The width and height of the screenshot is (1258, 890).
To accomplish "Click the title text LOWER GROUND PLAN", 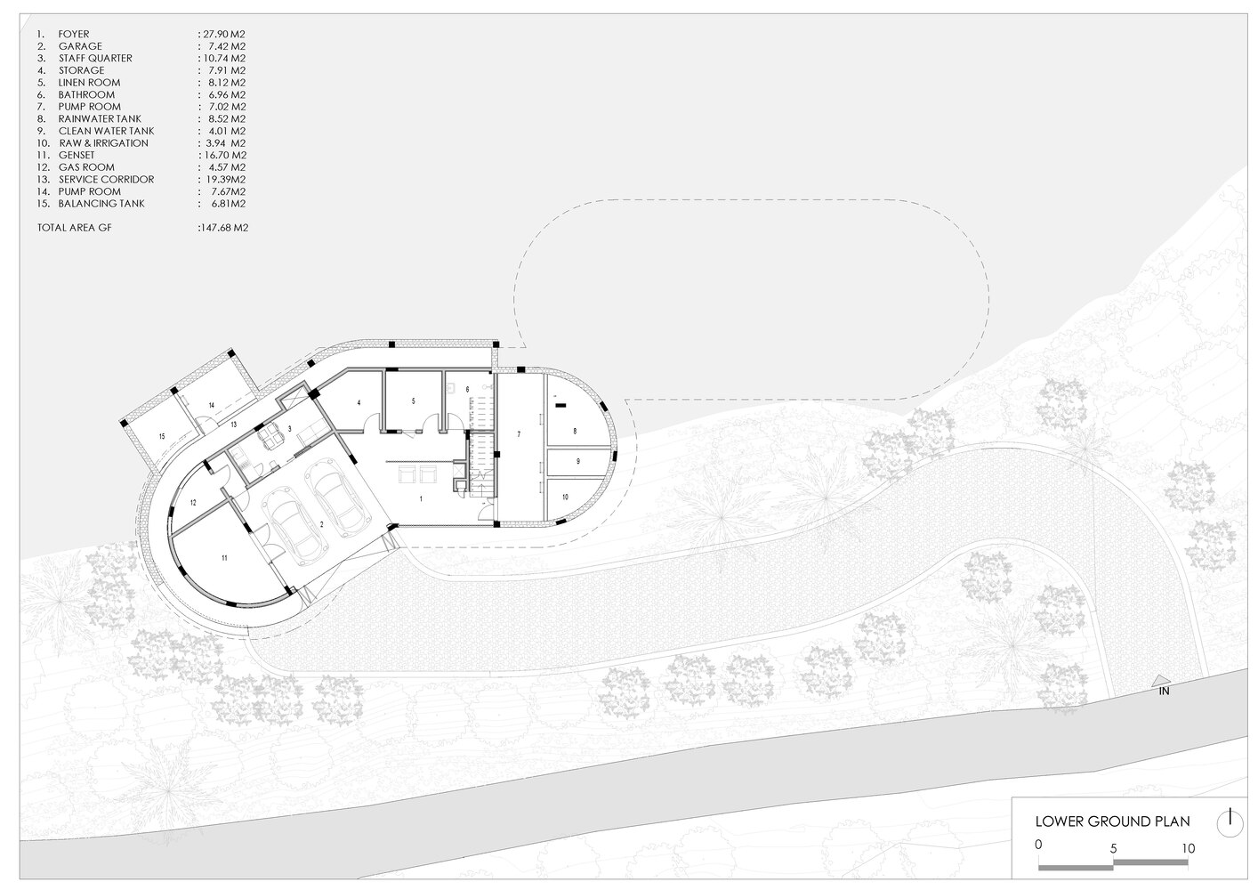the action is pos(1112,821).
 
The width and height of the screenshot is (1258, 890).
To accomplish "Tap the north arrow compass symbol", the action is pos(1230,824).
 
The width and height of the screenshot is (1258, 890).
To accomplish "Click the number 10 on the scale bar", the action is pos(1188,848).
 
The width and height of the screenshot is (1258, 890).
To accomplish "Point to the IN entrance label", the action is pos(1164,692).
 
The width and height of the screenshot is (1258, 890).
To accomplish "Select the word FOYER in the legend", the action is pos(74,35).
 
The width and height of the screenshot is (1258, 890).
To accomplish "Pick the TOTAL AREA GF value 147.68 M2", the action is pos(224,228).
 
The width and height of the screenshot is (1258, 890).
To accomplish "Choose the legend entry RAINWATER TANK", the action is pos(100,119).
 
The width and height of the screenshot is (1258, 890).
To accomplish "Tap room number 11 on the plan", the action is pos(224,558).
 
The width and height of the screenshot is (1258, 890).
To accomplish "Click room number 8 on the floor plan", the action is pos(575,432).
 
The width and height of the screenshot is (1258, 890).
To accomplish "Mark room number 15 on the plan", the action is pos(162,437).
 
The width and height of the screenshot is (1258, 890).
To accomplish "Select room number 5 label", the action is pos(414,401).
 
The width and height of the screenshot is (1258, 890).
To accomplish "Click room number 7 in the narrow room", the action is pos(519,434).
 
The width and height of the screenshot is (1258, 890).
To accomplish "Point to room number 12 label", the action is pos(193,503).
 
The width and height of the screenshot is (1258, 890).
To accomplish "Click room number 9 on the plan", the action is pos(578,461).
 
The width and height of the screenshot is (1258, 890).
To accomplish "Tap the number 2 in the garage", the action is pos(321,524).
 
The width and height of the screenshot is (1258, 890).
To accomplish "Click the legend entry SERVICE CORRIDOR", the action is pos(106,180).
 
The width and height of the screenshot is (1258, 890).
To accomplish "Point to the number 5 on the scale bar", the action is pos(1113,848).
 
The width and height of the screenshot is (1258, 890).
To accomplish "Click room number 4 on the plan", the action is pos(359,402).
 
